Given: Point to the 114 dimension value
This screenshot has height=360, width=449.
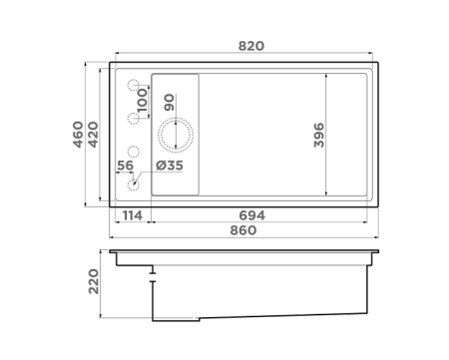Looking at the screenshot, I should point(133,214).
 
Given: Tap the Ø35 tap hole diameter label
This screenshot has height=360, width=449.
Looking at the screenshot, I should point(170,166).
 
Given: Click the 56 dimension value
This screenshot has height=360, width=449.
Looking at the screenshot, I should point(126,166).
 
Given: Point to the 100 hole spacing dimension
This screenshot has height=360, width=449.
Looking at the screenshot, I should point(143,102).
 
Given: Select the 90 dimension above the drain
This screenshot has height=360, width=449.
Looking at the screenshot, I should point(170,102).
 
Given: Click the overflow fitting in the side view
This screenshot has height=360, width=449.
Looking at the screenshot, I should point(152,271).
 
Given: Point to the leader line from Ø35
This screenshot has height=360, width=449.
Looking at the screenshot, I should point(147,175).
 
